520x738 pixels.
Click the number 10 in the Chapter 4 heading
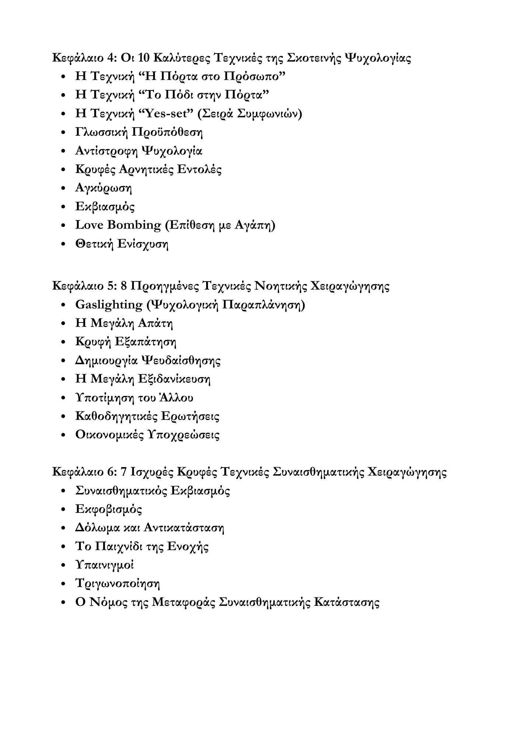(x=143, y=58)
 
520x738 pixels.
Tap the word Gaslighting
(x=109, y=305)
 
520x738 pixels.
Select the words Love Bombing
(x=118, y=225)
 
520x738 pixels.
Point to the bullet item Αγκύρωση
(x=103, y=188)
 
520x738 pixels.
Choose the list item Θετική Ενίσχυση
(x=122, y=244)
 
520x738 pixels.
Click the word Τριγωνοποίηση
(x=117, y=583)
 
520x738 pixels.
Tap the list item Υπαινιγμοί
(x=104, y=565)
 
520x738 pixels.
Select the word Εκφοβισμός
(x=108, y=509)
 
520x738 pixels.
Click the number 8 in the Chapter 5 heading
(x=124, y=286)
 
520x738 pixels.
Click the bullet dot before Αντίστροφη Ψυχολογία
(x=64, y=151)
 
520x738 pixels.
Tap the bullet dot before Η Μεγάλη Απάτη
(x=64, y=324)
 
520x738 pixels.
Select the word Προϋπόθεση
(x=167, y=132)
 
